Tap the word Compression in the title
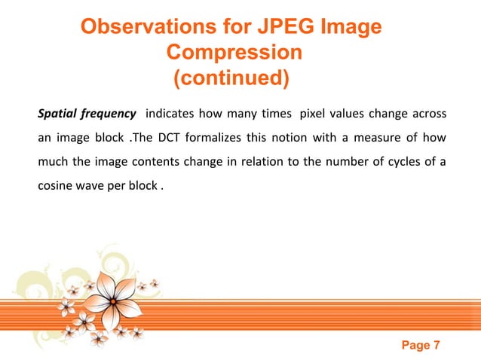234,53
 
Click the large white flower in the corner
113,299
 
